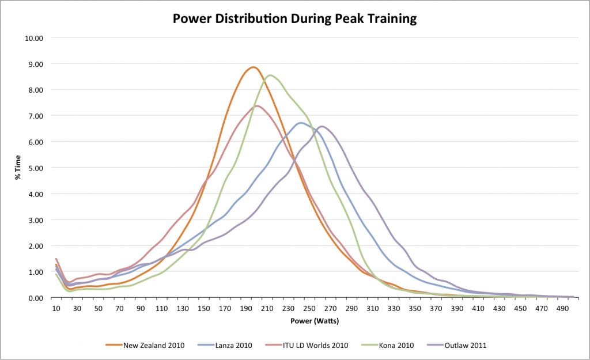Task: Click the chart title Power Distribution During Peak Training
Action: coord(295,18)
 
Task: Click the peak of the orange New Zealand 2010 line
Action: coord(253,67)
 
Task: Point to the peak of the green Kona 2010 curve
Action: coord(270,75)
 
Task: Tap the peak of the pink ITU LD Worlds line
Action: coord(257,105)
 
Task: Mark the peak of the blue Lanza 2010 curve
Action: coord(301,123)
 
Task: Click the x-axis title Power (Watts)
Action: coord(315,320)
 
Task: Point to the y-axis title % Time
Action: coord(18,168)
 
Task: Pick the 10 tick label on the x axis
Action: coord(56,308)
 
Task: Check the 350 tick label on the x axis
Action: coord(415,308)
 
